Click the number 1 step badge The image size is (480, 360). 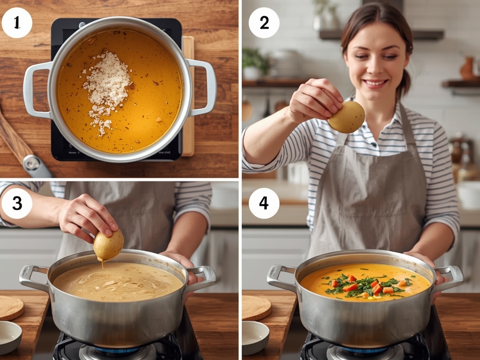(x=17, y=22)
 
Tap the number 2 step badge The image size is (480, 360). (x=264, y=22)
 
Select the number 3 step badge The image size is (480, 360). (x=17, y=203)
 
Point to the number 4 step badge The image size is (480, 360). (x=264, y=203)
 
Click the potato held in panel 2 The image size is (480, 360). (x=346, y=117)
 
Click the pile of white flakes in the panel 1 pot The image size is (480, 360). (x=107, y=85)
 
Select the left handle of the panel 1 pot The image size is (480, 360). (x=35, y=90)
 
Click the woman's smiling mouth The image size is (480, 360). (x=375, y=83)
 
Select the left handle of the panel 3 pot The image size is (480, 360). (x=31, y=277)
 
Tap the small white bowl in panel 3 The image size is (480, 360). (x=9, y=336)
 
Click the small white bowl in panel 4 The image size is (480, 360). (x=255, y=336)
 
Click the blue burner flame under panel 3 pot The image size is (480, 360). (x=117, y=350)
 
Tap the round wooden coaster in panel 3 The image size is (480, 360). (x=9, y=307)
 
